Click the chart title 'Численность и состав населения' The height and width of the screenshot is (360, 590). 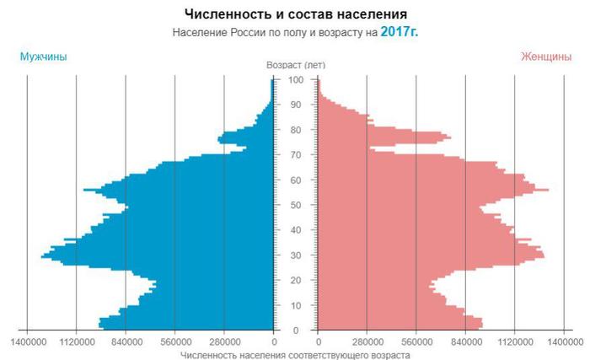(295, 14)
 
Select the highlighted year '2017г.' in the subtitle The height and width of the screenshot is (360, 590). (399, 31)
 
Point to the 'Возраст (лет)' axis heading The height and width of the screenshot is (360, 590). (296, 65)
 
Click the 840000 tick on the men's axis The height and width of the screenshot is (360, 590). (126, 343)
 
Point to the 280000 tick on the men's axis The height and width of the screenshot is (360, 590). (224, 343)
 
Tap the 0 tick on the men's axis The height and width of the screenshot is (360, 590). (274, 343)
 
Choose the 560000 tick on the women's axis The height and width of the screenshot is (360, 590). (417, 343)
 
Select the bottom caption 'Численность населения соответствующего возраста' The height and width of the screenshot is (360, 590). (295, 356)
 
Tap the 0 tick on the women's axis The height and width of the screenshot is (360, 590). (319, 343)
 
